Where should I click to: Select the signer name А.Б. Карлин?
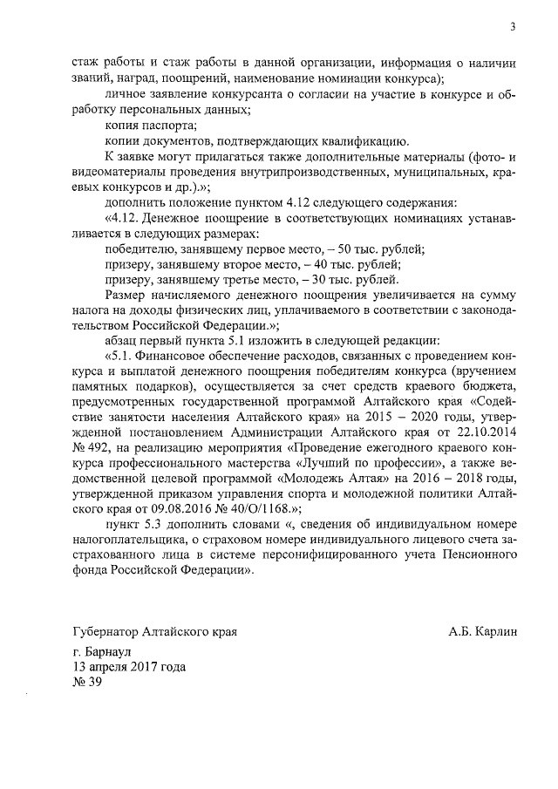coord(477,631)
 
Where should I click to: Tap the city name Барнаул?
coord(107,652)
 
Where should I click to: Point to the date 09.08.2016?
coord(161,512)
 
